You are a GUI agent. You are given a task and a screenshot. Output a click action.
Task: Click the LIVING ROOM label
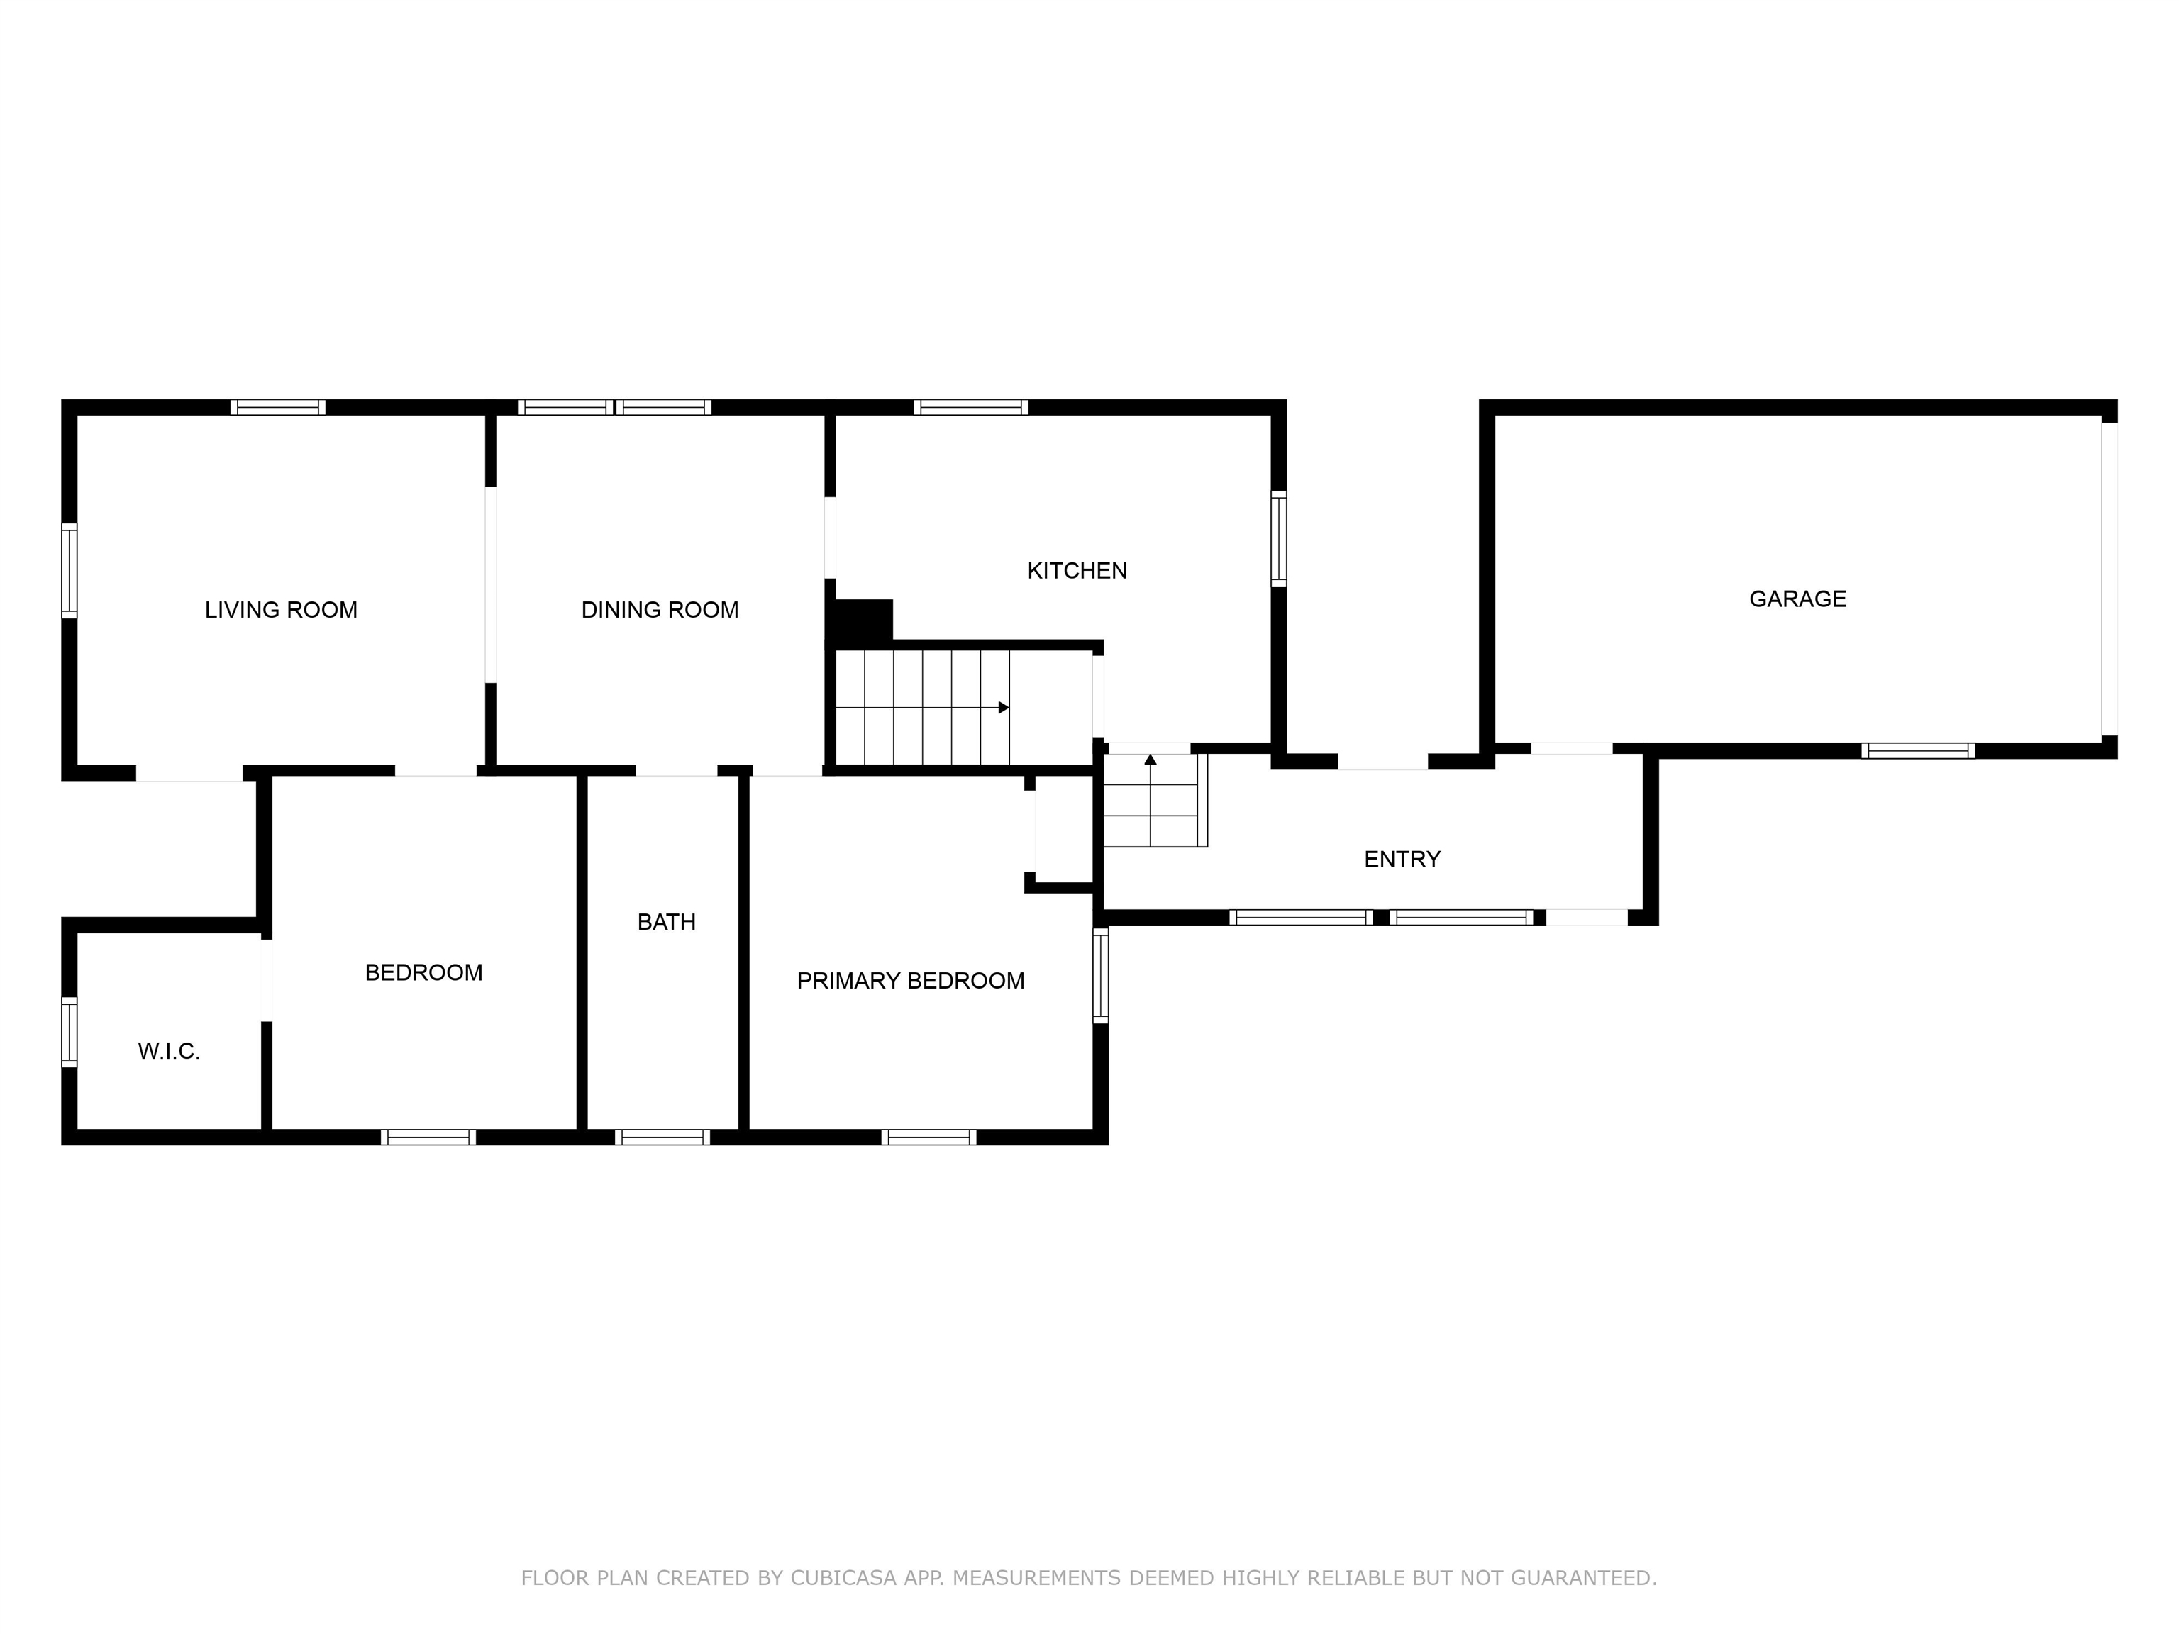281,610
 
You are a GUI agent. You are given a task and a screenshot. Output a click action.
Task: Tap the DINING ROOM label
660,610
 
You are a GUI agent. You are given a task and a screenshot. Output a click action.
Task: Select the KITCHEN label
1077,570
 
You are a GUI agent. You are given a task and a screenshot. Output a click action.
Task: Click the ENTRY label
1402,859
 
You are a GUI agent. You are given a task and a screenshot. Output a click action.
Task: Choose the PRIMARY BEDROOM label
910,980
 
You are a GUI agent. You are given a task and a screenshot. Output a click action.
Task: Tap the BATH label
667,922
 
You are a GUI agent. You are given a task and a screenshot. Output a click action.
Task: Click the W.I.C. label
168,1051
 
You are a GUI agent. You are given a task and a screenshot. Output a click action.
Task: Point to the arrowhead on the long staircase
1004,707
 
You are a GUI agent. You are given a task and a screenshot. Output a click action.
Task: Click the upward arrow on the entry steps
1151,799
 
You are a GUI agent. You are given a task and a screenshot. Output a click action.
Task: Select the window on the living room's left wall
69,570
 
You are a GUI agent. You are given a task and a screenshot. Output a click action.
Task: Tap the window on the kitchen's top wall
970,407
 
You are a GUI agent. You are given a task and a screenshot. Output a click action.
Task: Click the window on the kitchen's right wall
1279,539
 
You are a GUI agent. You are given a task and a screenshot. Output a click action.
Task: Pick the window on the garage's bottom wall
1918,750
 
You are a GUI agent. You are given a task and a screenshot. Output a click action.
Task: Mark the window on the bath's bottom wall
662,1138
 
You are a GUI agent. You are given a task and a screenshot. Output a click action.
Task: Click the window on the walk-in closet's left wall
69,1031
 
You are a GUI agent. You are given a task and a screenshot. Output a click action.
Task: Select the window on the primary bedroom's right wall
1102,975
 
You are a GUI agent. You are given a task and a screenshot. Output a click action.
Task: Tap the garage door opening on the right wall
2109,579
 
